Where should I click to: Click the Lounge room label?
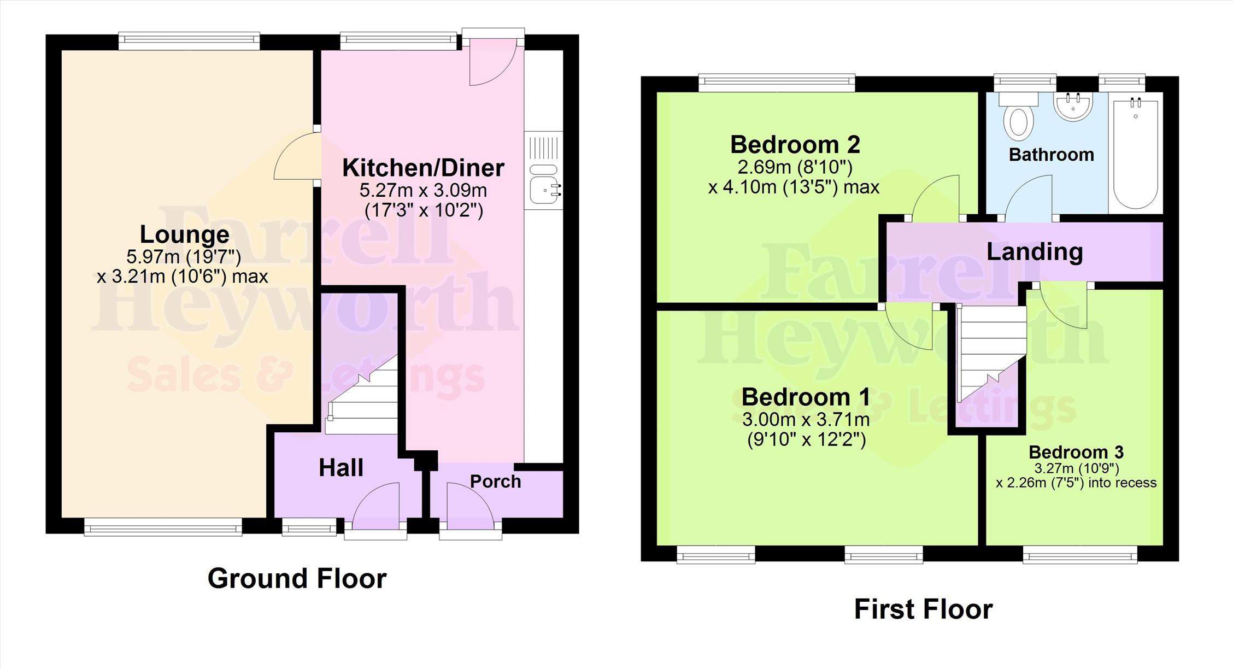[185, 234]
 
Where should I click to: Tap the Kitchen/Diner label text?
[423, 168]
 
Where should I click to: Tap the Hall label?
[341, 468]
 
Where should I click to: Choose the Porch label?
[496, 482]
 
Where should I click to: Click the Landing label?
[1035, 252]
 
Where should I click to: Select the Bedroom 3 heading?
[1076, 452]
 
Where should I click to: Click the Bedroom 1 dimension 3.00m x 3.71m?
[806, 420]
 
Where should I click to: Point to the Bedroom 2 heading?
[795, 145]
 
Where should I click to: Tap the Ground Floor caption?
[297, 578]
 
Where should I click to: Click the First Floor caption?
[923, 609]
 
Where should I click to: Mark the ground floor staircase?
[362, 395]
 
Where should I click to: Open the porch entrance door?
[470, 506]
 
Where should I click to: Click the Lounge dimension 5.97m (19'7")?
[184, 256]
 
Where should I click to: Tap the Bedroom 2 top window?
[777, 83]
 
